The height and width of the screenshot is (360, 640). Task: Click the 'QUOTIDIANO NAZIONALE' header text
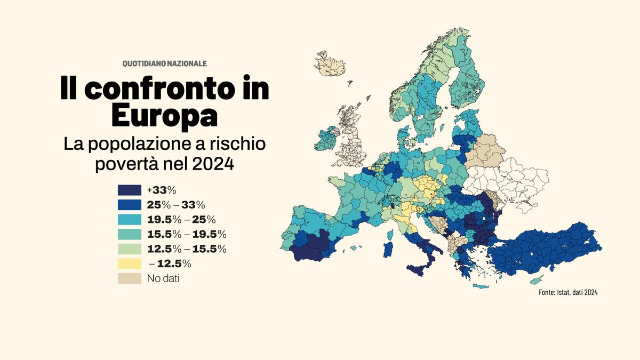pos(164,63)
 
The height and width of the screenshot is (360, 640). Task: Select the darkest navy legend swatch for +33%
pos(130,190)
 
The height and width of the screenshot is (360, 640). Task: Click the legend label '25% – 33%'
pos(176,205)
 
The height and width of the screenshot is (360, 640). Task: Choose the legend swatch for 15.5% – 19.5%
pos(130,234)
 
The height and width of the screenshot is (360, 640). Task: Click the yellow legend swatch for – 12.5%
pos(130,263)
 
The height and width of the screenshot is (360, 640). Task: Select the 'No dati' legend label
pos(163,278)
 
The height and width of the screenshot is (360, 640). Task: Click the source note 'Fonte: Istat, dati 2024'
pos(567,293)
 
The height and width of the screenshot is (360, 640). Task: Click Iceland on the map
pos(331,64)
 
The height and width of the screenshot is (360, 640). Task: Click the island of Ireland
pos(326,140)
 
